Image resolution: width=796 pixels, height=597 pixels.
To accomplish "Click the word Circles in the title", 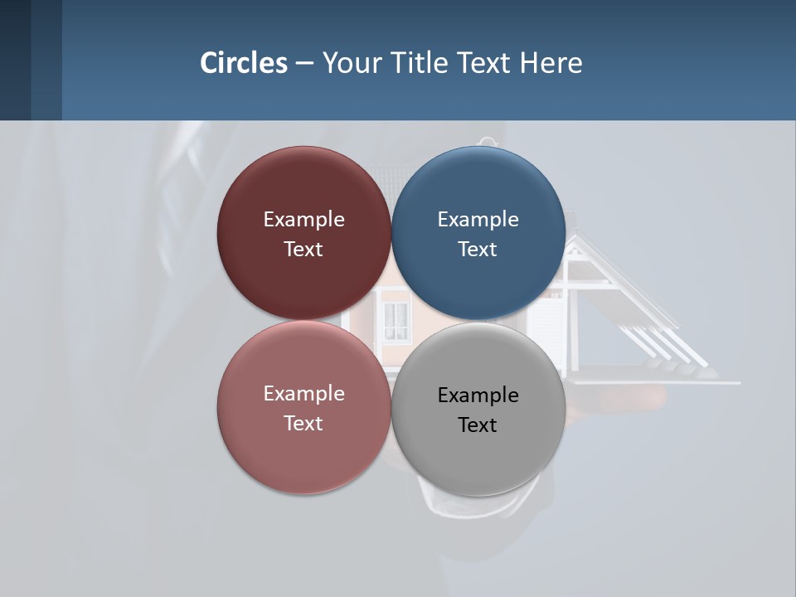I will [x=244, y=63].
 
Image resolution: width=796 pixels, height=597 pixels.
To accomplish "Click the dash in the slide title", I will [x=304, y=63].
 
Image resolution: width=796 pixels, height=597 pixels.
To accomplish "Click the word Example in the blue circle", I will [x=478, y=220].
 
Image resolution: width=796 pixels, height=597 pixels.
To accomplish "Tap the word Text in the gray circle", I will [x=478, y=425].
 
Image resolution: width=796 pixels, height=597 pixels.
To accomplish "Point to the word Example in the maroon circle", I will [x=303, y=220].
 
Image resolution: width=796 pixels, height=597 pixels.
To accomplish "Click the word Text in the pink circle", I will [x=303, y=423].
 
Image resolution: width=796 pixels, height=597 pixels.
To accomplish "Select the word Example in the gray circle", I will [x=478, y=396].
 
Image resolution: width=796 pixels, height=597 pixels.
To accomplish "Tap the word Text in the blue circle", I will [x=478, y=249].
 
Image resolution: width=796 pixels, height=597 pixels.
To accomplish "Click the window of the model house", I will [x=396, y=320].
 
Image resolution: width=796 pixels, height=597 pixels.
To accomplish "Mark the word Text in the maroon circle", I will [x=303, y=249].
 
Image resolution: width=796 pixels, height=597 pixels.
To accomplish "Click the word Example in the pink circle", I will [x=303, y=394].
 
